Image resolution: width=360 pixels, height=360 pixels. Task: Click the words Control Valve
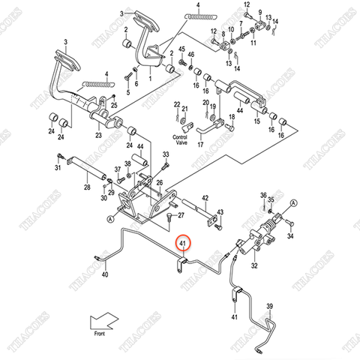[x=179, y=140]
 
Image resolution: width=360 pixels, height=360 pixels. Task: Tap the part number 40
[x=104, y=276]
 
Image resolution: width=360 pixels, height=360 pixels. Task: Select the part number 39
[x=270, y=306]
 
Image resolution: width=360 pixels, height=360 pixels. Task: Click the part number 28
[x=87, y=187]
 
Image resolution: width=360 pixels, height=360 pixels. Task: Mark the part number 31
[x=58, y=167]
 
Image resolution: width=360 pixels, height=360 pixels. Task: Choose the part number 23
[x=97, y=136]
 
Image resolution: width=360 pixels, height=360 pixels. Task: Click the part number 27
[x=180, y=215]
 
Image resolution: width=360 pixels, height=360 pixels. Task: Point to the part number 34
[x=291, y=235]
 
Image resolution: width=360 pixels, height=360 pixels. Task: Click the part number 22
[x=177, y=104]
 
